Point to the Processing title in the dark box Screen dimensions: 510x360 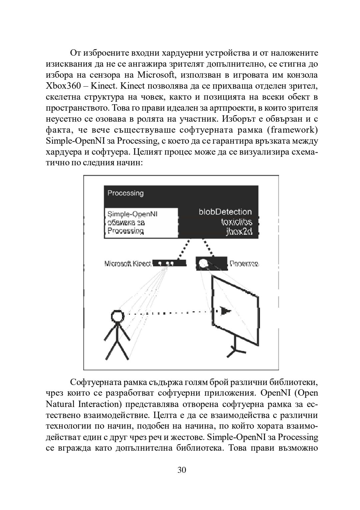click(x=125, y=193)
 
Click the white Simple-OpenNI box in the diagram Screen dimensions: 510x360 click(x=141, y=223)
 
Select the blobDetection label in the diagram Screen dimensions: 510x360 click(x=225, y=212)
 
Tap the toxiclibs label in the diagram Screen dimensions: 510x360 click(x=236, y=222)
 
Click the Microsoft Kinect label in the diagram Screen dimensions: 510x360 click(x=128, y=264)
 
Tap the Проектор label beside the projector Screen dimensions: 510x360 click(x=244, y=264)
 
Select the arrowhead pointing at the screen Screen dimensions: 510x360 click(x=226, y=311)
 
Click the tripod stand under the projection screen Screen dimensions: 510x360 click(x=236, y=346)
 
